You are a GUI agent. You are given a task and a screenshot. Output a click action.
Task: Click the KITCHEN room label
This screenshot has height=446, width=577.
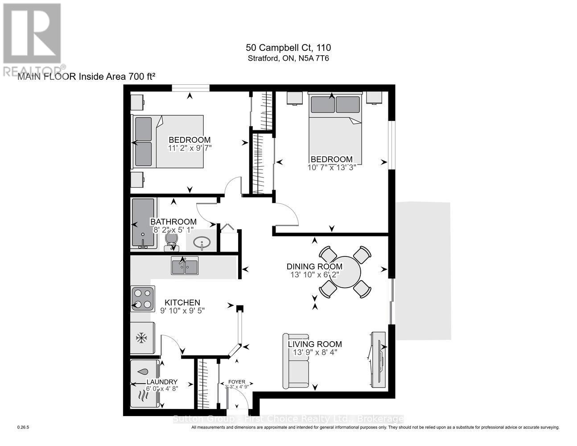[182, 302]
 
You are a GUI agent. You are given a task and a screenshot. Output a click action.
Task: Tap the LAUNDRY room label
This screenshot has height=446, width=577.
[162, 382]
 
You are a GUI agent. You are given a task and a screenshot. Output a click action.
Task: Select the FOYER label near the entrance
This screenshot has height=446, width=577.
[237, 381]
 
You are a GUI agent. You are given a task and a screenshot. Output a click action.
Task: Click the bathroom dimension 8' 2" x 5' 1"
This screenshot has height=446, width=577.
[173, 230]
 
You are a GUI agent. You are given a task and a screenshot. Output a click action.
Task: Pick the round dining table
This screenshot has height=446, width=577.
[345, 272]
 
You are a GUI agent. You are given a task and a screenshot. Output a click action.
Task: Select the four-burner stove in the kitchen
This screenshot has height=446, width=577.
[143, 299]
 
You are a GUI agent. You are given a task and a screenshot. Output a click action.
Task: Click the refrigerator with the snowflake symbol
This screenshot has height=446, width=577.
[142, 339]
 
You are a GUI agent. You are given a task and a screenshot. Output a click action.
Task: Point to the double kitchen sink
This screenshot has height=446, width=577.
[185, 266]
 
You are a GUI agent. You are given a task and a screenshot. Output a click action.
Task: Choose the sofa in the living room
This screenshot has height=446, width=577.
[296, 361]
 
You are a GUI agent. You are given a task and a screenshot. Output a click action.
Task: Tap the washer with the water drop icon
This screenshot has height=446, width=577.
[144, 372]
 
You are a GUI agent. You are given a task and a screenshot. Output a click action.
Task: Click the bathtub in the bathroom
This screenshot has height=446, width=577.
[143, 223]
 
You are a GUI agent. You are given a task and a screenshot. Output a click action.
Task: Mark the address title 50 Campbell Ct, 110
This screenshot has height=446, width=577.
[288, 48]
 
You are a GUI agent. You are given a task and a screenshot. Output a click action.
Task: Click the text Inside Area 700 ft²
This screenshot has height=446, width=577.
[117, 77]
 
